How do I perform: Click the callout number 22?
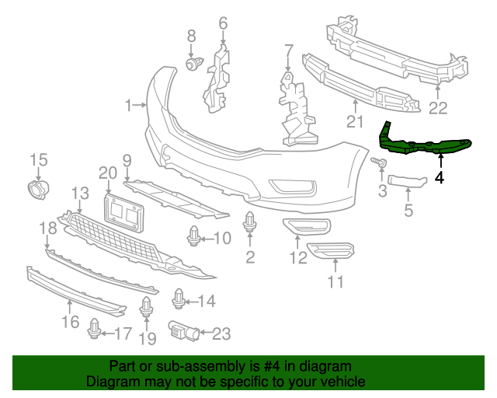click(439, 107)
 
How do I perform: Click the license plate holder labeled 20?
click(126, 211)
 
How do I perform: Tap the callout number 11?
click(335, 282)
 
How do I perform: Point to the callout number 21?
click(355, 121)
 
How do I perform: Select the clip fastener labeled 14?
click(179, 298)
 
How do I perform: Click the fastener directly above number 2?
click(250, 224)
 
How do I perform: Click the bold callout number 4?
click(440, 177)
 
